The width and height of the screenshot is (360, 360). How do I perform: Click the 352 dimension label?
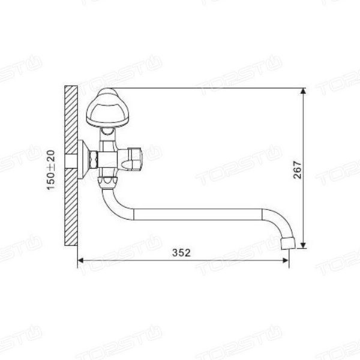(x=181, y=253)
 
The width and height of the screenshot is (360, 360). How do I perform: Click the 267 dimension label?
(x=298, y=170)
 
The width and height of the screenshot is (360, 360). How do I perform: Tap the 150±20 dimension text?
(x=51, y=170)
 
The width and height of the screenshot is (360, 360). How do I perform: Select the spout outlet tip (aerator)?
(x=287, y=244)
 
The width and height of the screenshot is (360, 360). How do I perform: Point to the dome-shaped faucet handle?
(x=107, y=107)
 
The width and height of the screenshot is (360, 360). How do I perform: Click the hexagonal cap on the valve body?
(x=135, y=158)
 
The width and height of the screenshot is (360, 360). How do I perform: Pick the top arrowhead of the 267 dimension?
(x=303, y=91)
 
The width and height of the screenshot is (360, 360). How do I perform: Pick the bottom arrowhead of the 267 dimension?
(x=303, y=245)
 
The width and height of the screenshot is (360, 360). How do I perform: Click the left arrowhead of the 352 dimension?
(x=80, y=260)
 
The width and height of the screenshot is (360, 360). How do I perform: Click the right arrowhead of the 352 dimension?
(x=286, y=260)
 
